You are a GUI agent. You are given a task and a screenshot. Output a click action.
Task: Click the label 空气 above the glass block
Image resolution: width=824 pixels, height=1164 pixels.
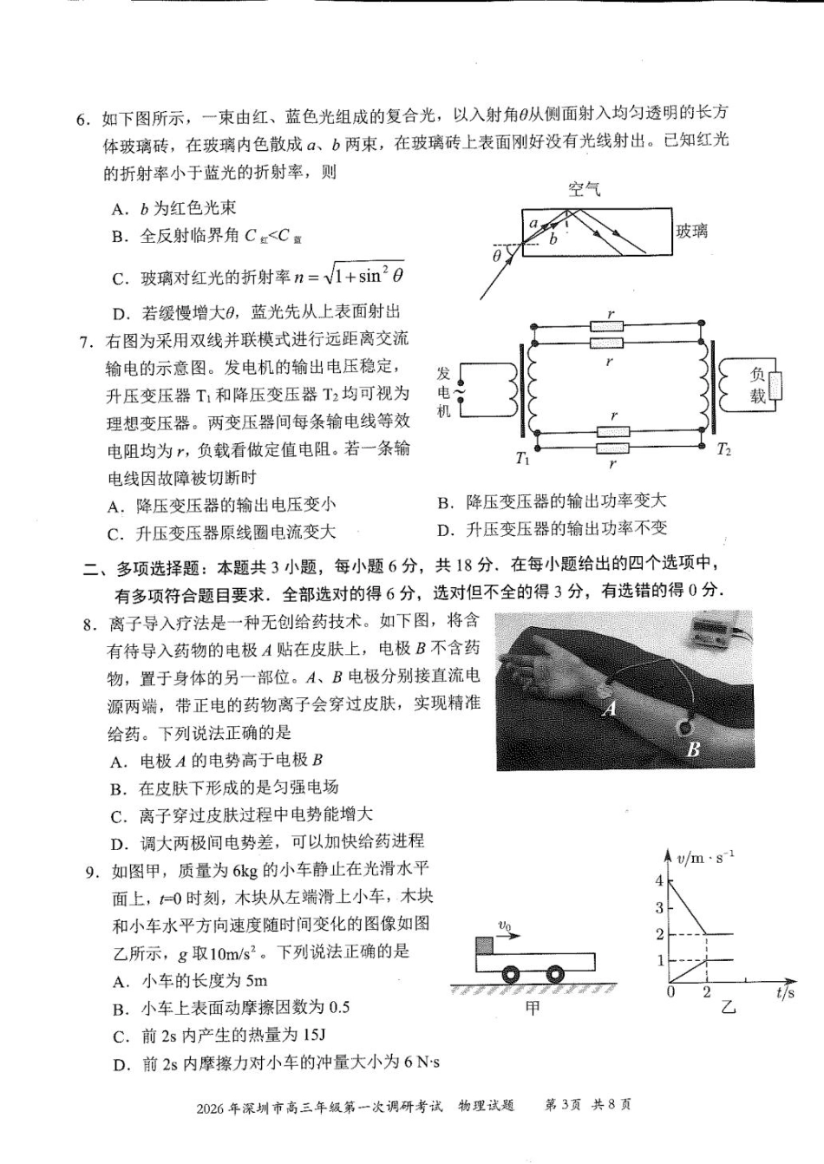coord(584,189)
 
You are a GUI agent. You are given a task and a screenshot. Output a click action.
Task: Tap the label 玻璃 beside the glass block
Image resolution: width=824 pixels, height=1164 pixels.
coord(691,231)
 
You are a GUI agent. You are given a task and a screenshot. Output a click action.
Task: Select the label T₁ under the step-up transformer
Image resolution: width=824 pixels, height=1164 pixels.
coord(522,459)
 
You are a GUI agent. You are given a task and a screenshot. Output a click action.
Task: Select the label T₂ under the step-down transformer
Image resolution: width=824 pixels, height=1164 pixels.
coord(724,450)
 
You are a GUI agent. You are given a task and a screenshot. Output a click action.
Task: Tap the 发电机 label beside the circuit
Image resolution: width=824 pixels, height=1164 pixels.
coord(444,392)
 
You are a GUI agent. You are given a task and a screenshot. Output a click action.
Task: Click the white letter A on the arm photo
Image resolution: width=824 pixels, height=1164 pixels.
coord(609,709)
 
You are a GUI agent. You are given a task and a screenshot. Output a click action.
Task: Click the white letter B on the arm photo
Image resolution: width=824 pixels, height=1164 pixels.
coord(692,750)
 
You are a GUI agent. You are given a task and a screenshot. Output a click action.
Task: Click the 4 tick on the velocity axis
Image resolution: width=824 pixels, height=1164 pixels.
coord(659,881)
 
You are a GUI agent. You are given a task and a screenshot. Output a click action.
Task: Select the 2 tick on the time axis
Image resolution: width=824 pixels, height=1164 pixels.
coord(707,992)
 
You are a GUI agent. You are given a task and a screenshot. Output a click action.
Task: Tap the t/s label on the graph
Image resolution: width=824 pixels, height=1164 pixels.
coord(785,993)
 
